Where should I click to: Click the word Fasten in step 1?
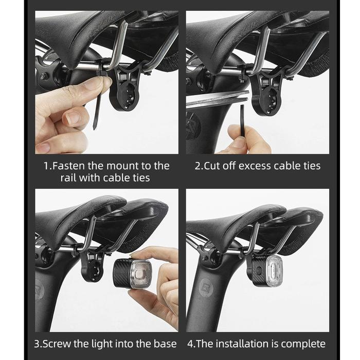coord(68,166)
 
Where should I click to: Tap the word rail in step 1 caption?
coord(68,178)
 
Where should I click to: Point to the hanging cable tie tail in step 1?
coord(97,110)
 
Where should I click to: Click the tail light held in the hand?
coord(133,273)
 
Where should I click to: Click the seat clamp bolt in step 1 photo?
coord(43,76)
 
